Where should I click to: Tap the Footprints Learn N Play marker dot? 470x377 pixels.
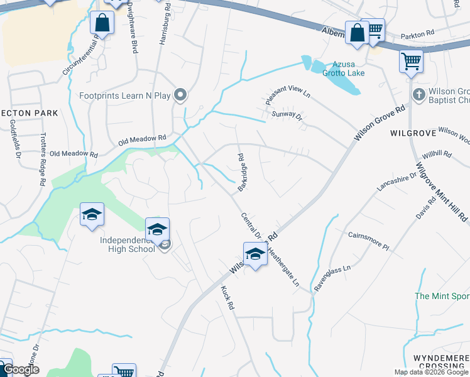[181, 96]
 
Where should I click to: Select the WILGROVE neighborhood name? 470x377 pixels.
[412, 133]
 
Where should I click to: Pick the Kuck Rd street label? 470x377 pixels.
[227, 298]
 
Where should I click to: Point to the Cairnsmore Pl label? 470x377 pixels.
[369, 241]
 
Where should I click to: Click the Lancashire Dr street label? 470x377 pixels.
[396, 182]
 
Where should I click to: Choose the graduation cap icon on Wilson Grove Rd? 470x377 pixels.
[255, 254]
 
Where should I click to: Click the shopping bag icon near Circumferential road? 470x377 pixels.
[102, 23]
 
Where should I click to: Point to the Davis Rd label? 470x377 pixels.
[425, 210]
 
